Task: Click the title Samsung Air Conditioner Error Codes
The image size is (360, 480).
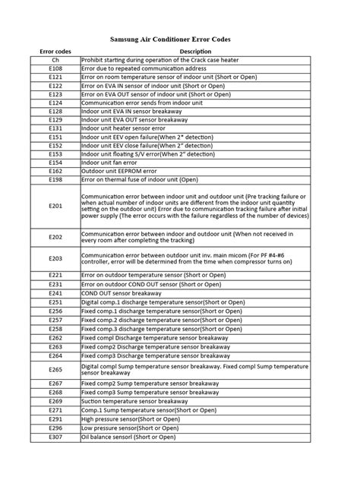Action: [x=180, y=38]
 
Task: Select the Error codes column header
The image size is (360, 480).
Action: [x=55, y=51]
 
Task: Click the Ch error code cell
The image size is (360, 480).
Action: [x=55, y=59]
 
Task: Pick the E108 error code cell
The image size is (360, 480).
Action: [x=55, y=68]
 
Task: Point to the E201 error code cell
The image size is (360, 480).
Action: [x=55, y=206]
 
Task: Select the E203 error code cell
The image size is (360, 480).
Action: [x=55, y=258]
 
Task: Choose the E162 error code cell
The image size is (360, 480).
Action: [x=55, y=171]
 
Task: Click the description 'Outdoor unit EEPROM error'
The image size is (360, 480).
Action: [x=118, y=171]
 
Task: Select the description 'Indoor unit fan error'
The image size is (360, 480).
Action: [x=109, y=162]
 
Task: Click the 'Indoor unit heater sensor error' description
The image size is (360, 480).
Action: [x=123, y=128]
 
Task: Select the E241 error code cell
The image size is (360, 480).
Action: [x=55, y=292]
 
